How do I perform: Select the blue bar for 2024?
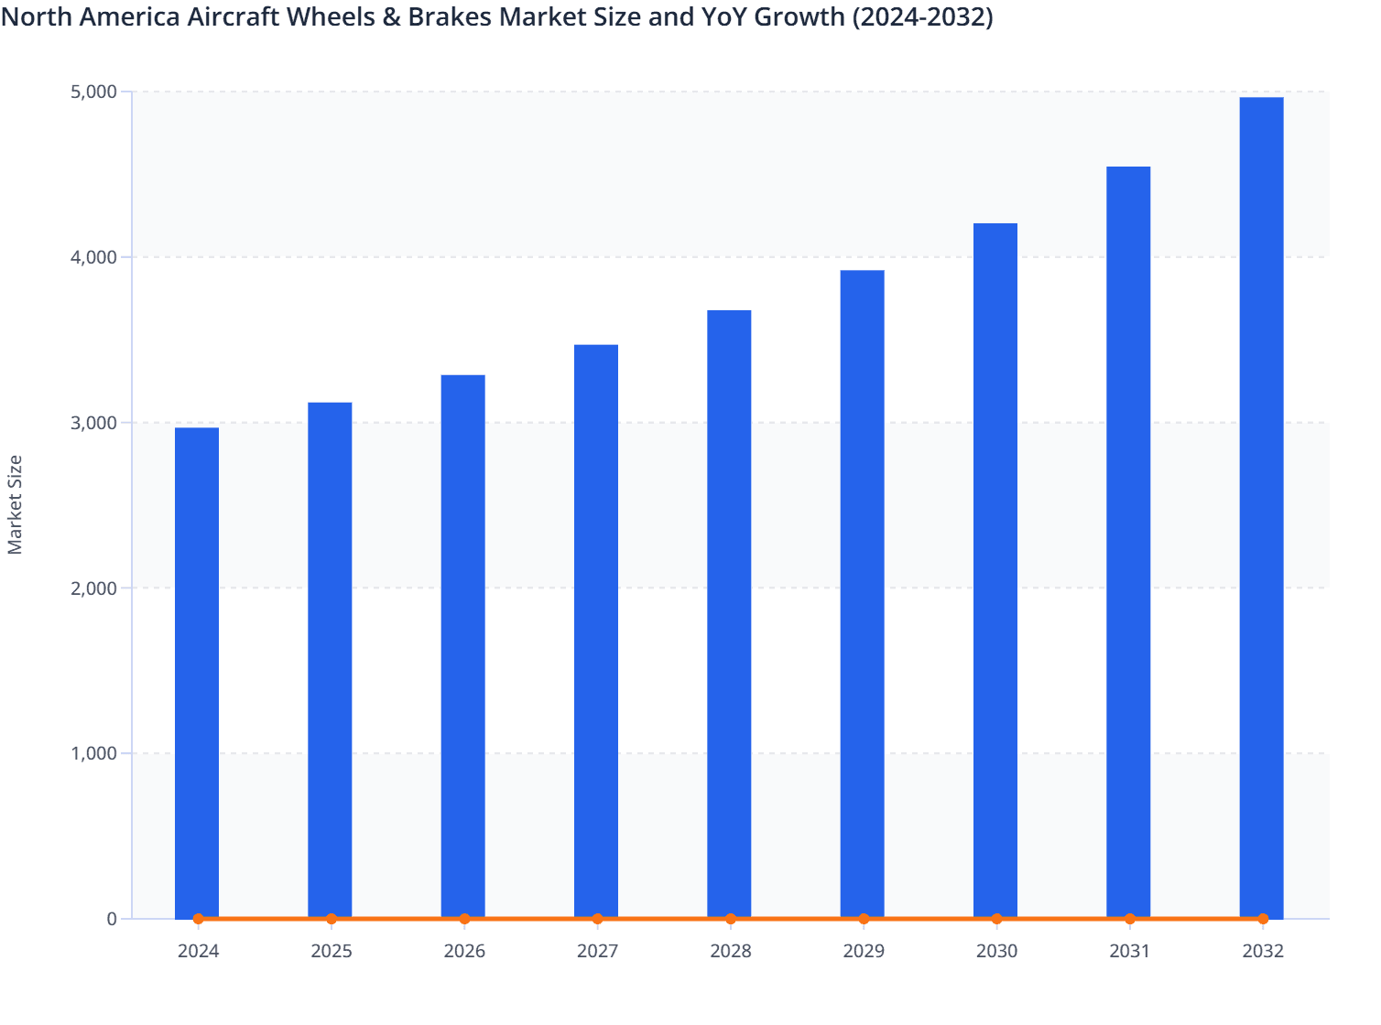coord(197,673)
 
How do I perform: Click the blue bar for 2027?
coord(596,631)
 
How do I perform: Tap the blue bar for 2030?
coord(995,570)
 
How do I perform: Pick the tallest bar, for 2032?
coord(1261,508)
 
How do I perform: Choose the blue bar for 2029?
coord(863,594)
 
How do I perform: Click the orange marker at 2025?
coord(332,919)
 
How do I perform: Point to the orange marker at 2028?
coord(731,919)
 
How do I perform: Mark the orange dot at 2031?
coord(1130,919)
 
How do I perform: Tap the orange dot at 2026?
coord(464,919)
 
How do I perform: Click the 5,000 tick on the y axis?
coord(93,92)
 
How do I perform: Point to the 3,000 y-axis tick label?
coord(93,423)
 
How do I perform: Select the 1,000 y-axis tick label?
coord(93,753)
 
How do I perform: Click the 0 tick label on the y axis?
coord(112,919)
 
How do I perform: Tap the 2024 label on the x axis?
coord(198,951)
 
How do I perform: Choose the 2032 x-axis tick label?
coord(1263,951)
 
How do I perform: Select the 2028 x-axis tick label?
coord(731,951)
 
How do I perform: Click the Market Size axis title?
coord(16,504)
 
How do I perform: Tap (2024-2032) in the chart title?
coord(922,16)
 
